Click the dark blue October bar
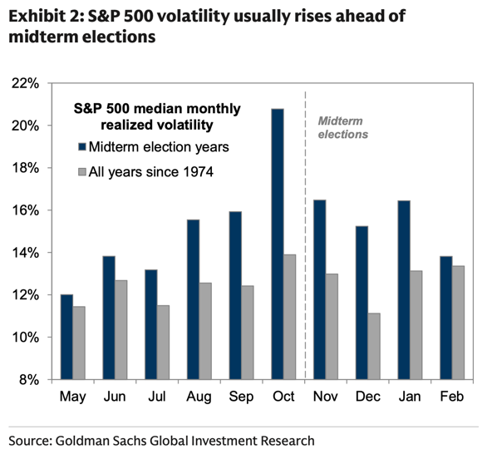278,244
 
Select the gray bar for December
374,346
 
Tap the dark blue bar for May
66,337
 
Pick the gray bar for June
121,330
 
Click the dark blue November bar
320,289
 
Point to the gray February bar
458,323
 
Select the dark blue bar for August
193,299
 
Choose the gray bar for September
247,333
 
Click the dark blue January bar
404,290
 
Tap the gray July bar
163,342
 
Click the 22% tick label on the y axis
26,83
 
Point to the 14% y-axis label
26,253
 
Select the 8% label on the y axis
29,380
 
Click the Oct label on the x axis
283,397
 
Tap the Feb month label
452,397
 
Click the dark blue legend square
82,146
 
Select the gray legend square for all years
82,172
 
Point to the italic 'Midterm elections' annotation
343,127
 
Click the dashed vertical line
305,235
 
